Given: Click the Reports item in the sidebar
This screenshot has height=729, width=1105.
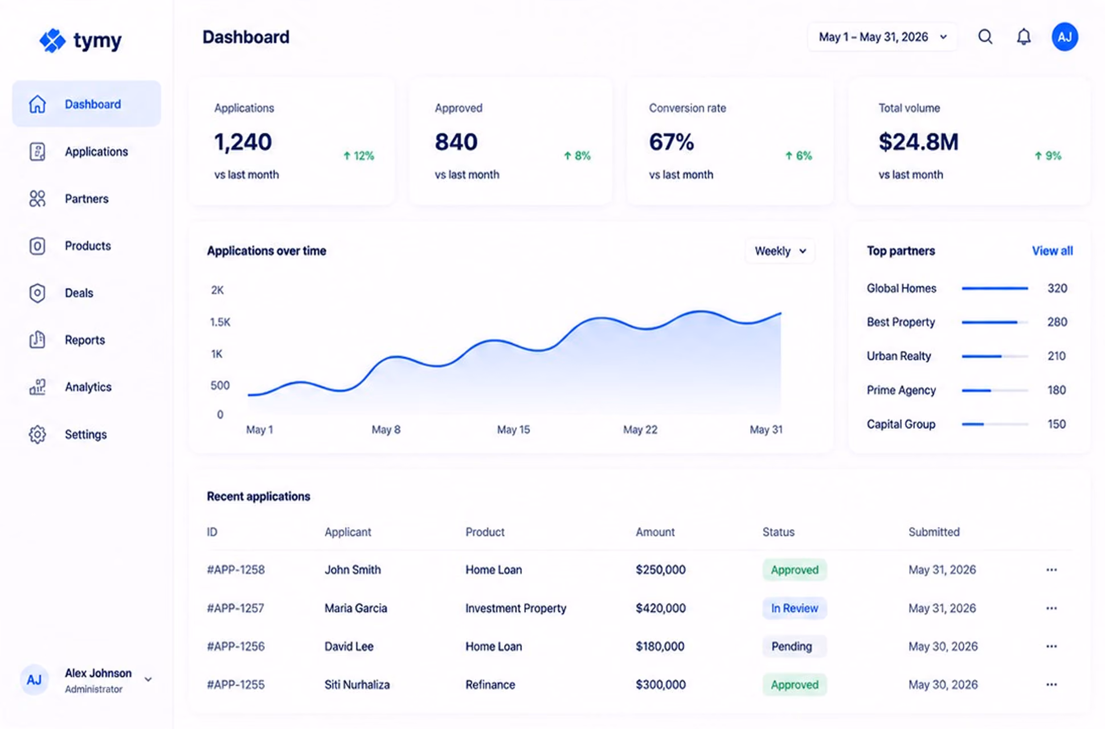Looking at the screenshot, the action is tap(84, 340).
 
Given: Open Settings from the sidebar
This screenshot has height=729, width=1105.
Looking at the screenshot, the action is tap(85, 435).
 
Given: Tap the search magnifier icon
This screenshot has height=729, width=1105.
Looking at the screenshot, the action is tap(985, 37).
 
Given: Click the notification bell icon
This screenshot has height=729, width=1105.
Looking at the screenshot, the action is tap(1024, 37).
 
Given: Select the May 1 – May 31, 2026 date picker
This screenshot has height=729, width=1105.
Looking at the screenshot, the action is tap(882, 37).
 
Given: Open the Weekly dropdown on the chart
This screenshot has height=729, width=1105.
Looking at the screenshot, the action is tap(780, 251).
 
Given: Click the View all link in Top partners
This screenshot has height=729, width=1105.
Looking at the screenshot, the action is tap(1052, 251).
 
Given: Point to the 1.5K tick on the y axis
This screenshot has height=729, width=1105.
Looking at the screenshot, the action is tap(220, 322).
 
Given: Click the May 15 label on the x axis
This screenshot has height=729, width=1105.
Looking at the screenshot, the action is tap(513, 429).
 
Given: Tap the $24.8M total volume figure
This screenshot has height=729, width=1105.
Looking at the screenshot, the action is tap(918, 142).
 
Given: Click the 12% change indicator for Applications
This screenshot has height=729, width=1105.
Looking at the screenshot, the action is tap(358, 156).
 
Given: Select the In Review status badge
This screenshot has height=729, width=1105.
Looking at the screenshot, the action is tap(795, 608).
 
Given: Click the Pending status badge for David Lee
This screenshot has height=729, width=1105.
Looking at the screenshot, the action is tap(792, 646).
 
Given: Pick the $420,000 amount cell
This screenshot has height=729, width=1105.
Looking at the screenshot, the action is tap(661, 608).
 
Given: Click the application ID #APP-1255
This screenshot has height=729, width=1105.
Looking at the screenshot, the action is tap(236, 685).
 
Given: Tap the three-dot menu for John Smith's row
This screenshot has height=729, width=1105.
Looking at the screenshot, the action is tap(1051, 570).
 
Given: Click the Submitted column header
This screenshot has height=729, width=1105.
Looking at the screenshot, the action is tap(934, 532).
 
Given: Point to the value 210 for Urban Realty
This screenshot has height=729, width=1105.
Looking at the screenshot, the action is tap(1057, 356).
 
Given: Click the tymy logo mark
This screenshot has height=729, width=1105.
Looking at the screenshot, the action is tap(52, 40).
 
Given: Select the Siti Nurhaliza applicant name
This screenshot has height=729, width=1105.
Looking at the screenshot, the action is tap(357, 685).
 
